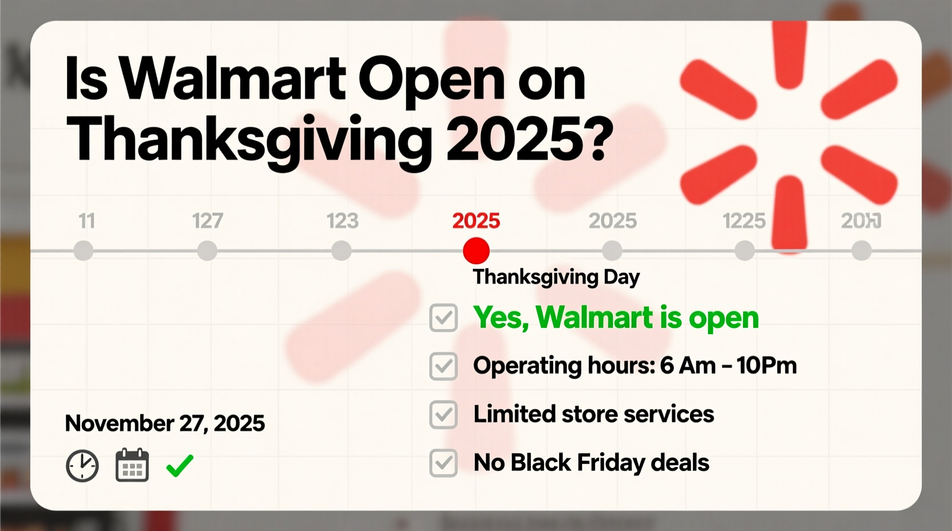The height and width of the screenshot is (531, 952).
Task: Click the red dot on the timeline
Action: coord(476,251)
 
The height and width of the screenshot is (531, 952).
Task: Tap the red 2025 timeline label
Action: coord(476,221)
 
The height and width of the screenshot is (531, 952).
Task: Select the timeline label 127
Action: coord(207,221)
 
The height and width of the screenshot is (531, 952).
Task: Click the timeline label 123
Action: coord(342,221)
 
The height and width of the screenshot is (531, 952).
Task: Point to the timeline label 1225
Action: coord(744,221)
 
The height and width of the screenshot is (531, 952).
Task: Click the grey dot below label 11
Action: coord(84,251)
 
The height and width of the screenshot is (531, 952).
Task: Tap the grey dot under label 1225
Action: coord(744,251)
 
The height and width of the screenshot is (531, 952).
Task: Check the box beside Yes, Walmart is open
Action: coord(443,318)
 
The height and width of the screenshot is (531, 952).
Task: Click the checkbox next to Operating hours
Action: coord(443,366)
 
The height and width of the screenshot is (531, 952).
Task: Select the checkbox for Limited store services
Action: coord(443,415)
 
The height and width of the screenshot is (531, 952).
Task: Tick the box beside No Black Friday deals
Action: coord(443,463)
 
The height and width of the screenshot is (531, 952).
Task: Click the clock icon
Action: coord(82,466)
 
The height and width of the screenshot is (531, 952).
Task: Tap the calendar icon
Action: coord(132,466)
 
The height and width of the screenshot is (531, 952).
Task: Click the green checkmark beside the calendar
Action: coord(180,465)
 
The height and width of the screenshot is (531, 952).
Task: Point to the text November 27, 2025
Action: coord(165,423)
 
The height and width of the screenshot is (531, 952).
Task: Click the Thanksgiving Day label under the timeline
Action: coord(556,277)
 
